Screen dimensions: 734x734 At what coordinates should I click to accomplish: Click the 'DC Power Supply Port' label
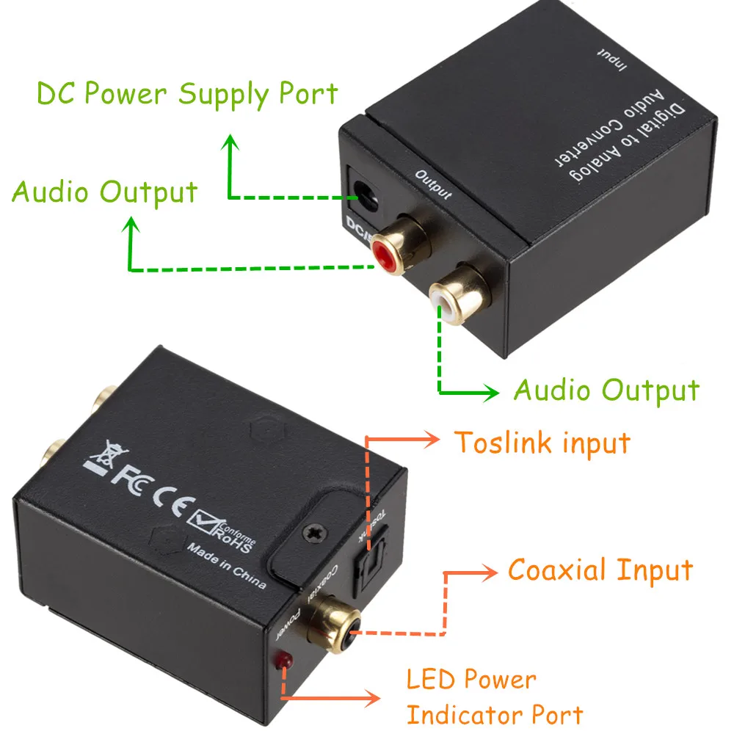click(187, 95)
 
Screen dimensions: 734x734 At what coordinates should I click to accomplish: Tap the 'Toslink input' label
click(542, 443)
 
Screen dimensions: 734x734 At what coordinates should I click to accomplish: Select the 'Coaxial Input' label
click(600, 570)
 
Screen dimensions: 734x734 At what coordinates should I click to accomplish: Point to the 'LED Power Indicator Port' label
click(495, 697)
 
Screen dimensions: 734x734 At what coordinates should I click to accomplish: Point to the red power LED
click(281, 662)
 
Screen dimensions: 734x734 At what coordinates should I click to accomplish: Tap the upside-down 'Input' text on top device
click(611, 59)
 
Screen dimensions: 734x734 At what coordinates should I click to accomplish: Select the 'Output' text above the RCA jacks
click(433, 184)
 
